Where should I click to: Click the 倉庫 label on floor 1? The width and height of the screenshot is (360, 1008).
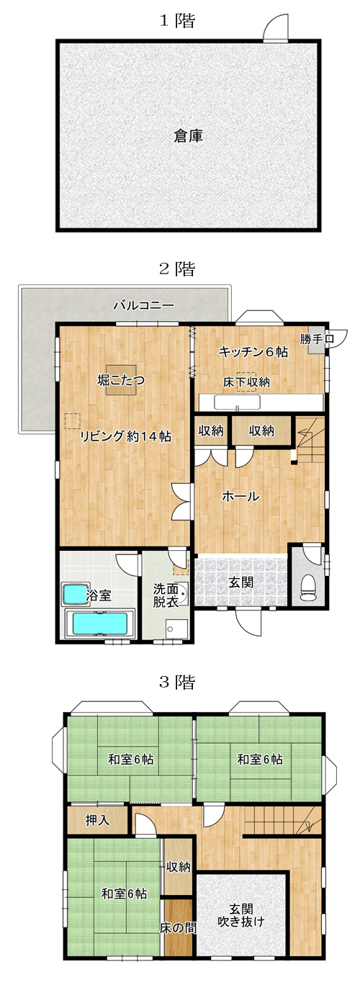[x=188, y=135]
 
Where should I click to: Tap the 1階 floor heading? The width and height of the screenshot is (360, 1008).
[x=177, y=21]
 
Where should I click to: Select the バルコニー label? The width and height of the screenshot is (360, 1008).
[x=143, y=306]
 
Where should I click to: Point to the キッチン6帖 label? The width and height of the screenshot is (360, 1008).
[x=253, y=352]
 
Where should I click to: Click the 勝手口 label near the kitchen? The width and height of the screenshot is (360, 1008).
[x=318, y=339]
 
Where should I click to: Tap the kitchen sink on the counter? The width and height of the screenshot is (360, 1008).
[x=237, y=402]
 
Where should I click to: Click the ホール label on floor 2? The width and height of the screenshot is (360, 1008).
[x=240, y=496]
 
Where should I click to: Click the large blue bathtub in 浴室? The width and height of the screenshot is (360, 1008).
[x=100, y=624]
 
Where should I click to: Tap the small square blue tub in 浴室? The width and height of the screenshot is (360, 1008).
[x=75, y=595]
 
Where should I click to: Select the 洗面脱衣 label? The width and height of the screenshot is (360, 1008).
[x=166, y=595]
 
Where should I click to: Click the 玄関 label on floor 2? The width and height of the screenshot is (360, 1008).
[x=241, y=582]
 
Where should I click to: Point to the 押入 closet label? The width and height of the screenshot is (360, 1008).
[x=98, y=820]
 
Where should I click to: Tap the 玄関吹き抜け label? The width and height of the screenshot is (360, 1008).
[x=241, y=915]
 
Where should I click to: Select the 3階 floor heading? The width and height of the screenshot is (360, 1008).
[x=177, y=683]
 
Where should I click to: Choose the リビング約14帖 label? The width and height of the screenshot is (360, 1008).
[x=125, y=436]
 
